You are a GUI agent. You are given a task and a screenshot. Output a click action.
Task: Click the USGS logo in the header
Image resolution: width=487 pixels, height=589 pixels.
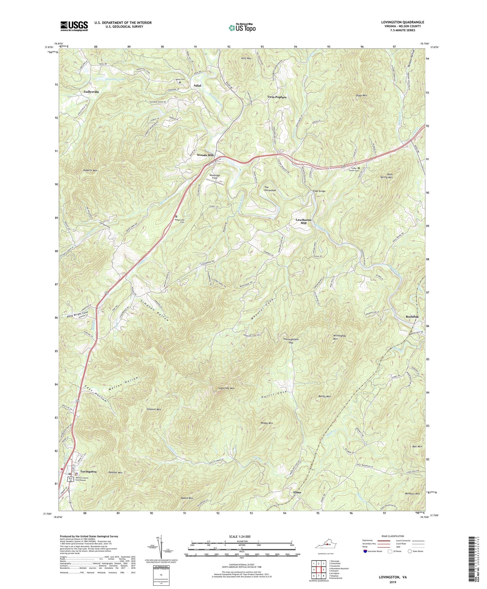(x=74, y=26)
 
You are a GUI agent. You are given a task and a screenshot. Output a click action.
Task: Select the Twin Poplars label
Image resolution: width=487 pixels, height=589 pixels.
(x=277, y=97)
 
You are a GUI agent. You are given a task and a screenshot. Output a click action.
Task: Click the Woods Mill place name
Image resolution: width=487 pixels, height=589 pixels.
(x=205, y=155)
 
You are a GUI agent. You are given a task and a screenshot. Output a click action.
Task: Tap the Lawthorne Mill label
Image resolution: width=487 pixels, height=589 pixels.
(x=303, y=221)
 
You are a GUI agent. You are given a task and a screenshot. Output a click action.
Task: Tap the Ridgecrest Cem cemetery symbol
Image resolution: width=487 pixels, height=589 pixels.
(x=176, y=216)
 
